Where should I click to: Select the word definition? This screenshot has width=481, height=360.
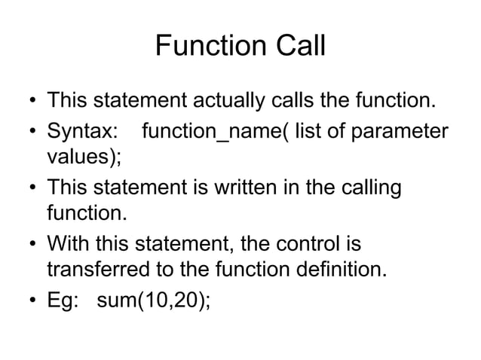343,270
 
